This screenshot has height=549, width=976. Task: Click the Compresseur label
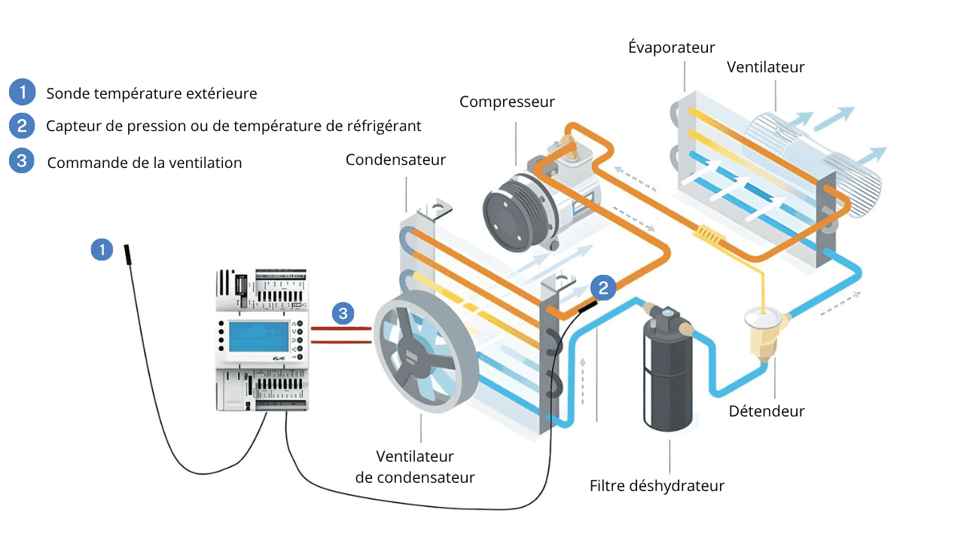(x=507, y=102)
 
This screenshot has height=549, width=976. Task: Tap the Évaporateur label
(x=671, y=48)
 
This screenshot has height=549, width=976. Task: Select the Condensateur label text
(x=395, y=160)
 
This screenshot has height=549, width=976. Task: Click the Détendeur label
(x=767, y=411)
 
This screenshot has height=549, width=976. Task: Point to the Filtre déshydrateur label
(x=657, y=486)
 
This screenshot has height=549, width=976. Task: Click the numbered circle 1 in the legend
(x=22, y=93)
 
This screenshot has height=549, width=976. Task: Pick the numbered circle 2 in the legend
(x=22, y=125)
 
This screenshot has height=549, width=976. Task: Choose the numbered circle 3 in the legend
(x=22, y=161)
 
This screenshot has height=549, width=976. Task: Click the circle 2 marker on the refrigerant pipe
(x=604, y=287)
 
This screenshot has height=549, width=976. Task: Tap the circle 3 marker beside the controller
(x=343, y=313)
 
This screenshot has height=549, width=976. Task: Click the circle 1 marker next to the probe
(x=102, y=249)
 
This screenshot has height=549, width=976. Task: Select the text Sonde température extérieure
(x=151, y=93)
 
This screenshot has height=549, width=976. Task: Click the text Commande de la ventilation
(x=145, y=163)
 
